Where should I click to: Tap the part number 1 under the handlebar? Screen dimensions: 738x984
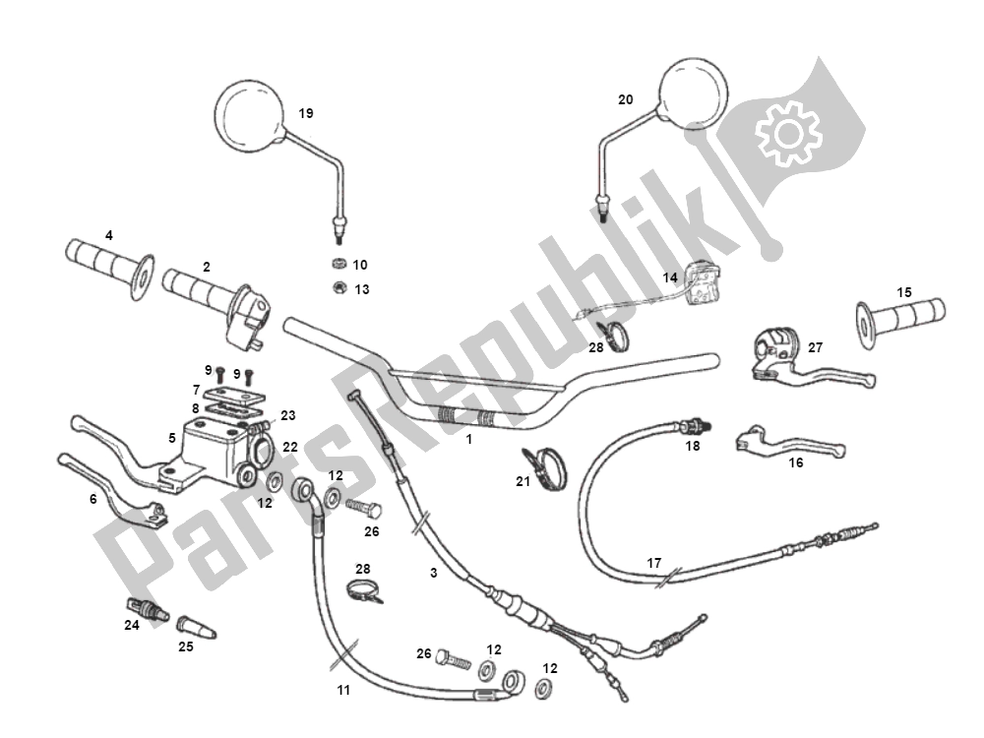point(469,439)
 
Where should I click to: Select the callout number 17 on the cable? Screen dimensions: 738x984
point(654,564)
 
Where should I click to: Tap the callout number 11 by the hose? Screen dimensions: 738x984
point(342,691)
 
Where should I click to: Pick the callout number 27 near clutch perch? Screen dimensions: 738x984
point(815,346)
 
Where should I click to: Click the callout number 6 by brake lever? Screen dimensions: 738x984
point(93,499)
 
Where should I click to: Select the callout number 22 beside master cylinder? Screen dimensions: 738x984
point(289,447)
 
